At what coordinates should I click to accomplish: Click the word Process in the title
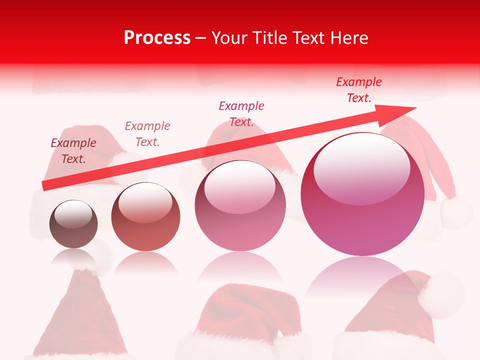[x=157, y=38]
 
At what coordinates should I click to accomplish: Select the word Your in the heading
[x=230, y=38]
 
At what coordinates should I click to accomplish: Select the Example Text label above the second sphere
[x=147, y=134]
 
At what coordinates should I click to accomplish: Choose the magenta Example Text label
[x=241, y=113]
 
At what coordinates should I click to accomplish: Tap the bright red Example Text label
[x=359, y=90]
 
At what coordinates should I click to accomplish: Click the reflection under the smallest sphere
[x=74, y=257]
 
